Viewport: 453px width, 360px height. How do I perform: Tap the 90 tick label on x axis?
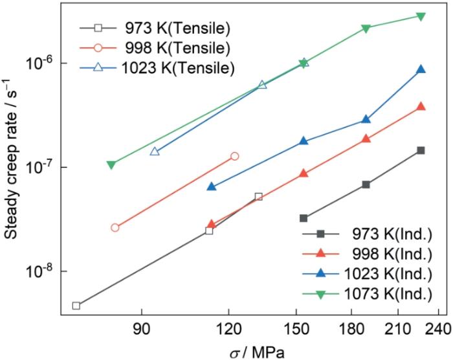point(142,327)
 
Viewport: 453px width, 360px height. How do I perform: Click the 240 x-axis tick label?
point(438,327)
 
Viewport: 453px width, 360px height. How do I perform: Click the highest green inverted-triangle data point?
point(421,16)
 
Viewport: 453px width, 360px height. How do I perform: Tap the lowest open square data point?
point(76,306)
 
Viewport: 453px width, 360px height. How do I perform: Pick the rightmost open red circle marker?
point(235,156)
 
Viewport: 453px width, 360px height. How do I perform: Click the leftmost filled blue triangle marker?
point(212,186)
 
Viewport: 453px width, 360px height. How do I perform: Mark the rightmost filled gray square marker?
point(421,150)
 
